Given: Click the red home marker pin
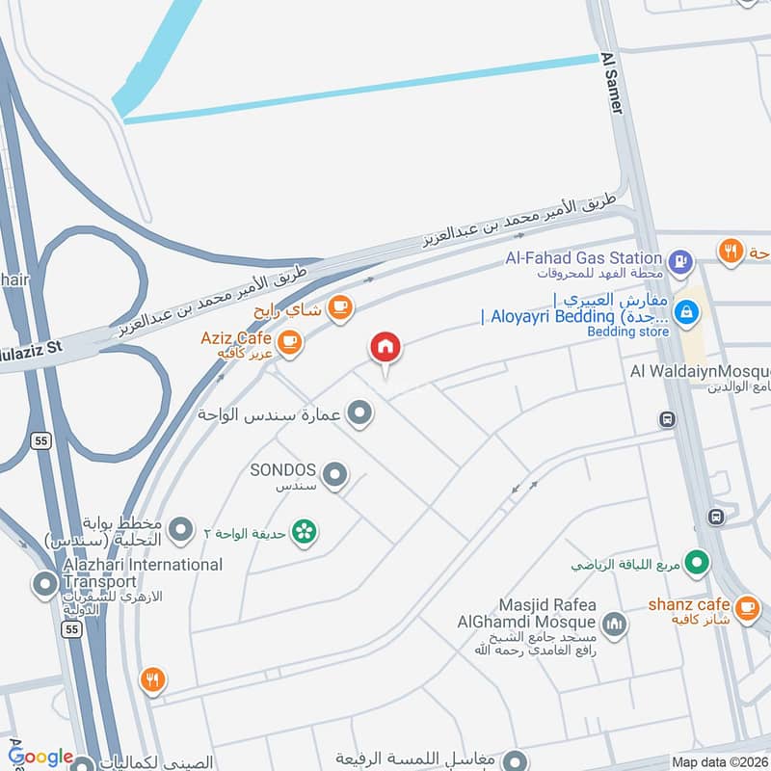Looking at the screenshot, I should tap(385, 348).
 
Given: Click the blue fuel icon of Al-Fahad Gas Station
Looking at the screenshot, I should tap(680, 258).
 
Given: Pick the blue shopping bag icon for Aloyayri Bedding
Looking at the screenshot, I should tap(686, 312).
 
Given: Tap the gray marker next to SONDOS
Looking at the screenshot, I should tap(334, 473).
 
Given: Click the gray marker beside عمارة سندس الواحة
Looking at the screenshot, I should tap(359, 414).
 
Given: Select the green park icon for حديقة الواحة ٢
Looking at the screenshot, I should tap(306, 531).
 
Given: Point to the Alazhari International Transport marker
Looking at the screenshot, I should tap(44, 583).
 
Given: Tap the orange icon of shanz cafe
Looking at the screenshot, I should tap(746, 606).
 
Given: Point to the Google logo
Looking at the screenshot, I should tap(40, 757).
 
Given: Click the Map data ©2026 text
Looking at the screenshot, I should tap(718, 762).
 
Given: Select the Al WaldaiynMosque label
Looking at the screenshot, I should tap(699, 372).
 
